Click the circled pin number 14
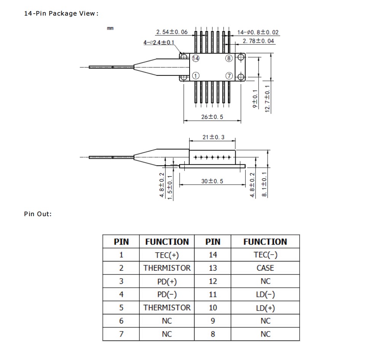pos(196,58)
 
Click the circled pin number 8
pos(229,58)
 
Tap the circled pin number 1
pos(195,76)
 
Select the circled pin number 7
pos(229,76)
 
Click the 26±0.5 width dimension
pos(212,117)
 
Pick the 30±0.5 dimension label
pos(212,181)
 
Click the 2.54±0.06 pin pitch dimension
pos(172,32)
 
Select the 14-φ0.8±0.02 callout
pos(258,33)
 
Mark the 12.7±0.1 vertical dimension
pos(267,99)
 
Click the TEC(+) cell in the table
pos(167,255)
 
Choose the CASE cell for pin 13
pos(265,268)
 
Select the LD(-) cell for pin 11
pos(265,294)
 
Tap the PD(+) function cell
pos(167,281)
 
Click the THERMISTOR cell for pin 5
pos(167,307)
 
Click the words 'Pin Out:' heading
pos(38,214)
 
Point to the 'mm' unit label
pos(110,28)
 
